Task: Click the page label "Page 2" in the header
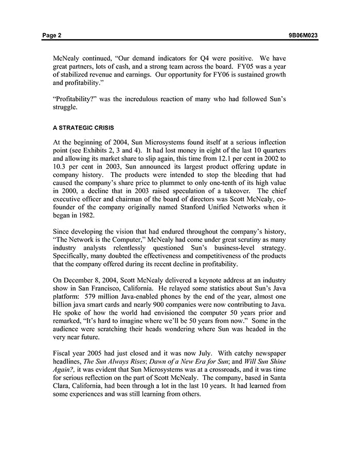[x=52, y=35]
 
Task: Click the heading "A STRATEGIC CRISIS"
[x=80, y=128]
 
